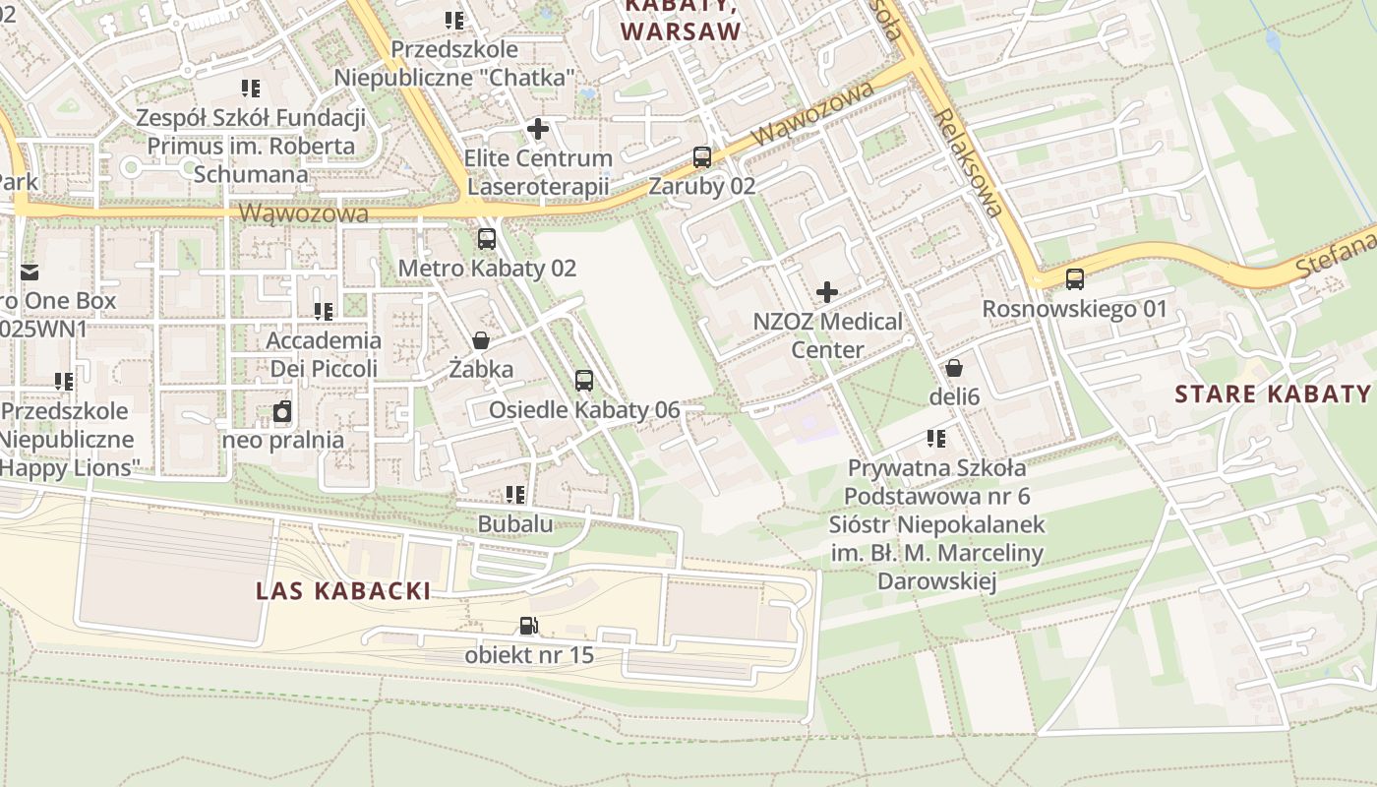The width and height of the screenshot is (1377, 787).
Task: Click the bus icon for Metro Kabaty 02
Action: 487,238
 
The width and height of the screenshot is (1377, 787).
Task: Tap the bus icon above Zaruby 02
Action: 702,156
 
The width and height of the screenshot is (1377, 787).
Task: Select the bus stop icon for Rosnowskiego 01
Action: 1075,279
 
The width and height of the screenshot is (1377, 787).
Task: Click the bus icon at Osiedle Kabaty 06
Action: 584,381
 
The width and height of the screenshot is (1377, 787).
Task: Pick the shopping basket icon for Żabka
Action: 481,340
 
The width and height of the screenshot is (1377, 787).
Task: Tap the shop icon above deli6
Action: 953,368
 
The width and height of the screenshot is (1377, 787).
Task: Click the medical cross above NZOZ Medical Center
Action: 827,292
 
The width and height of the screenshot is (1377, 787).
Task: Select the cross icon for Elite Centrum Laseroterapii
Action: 538,129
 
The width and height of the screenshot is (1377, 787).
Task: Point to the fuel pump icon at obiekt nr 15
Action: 529,626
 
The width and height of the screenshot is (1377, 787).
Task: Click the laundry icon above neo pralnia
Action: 282,411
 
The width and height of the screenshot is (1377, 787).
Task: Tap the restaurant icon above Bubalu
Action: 515,495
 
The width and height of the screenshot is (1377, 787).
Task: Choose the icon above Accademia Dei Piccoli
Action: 324,312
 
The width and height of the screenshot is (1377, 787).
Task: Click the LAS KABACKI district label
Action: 343,591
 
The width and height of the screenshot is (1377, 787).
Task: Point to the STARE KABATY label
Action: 1273,394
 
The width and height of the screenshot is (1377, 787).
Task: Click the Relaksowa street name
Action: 970,162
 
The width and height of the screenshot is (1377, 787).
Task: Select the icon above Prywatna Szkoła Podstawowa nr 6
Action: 935,439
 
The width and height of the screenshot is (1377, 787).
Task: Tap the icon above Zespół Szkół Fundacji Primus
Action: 251,89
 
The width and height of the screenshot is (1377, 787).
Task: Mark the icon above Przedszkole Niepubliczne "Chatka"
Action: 453,20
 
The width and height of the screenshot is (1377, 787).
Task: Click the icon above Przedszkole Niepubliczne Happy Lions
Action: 64,381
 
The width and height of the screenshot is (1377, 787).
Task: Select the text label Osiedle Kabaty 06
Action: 584,410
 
